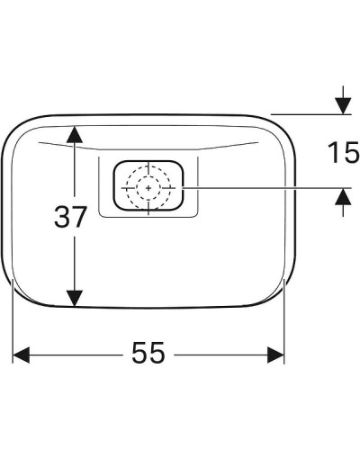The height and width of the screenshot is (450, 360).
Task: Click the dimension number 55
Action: [x=148, y=354]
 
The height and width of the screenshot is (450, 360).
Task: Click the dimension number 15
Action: [x=343, y=152]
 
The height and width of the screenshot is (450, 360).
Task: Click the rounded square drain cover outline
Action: [x=114, y=187]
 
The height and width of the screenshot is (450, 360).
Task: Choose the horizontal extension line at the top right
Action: [x=306, y=114]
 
